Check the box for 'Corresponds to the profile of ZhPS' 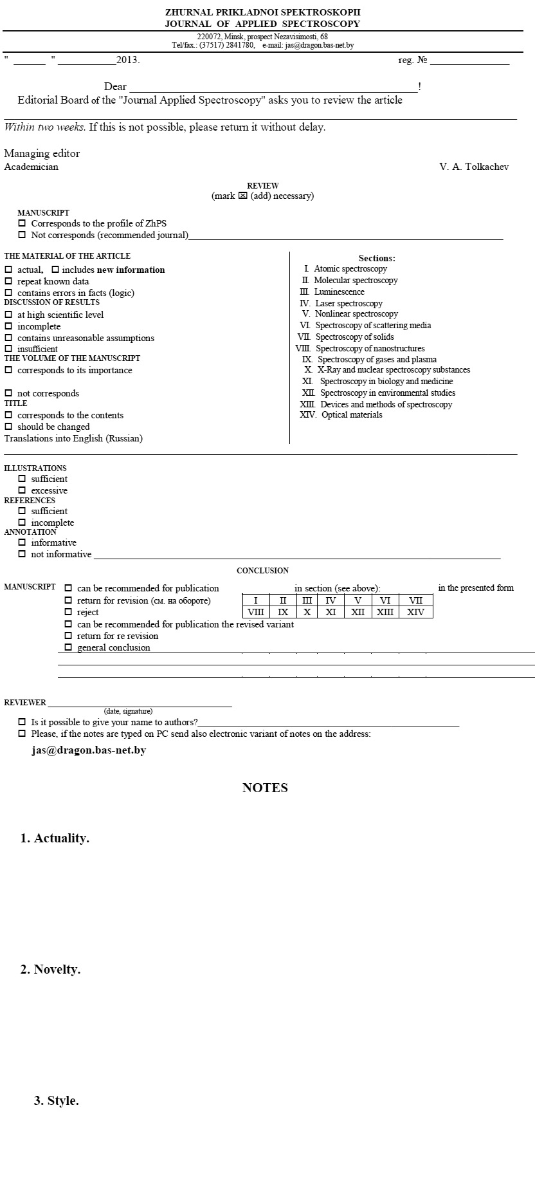tap(22, 223)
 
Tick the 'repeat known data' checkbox tap(8, 281)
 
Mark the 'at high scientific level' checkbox tap(8, 315)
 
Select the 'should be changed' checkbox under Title tap(8, 427)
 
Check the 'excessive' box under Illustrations tap(22, 490)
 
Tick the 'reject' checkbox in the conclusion tap(68, 612)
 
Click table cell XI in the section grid tap(331, 612)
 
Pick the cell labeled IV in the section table tap(331, 600)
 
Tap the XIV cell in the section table tap(415, 612)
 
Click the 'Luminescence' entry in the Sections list tap(339, 292)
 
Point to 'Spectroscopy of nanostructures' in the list tap(370, 348)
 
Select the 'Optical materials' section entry tap(352, 414)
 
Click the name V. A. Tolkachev tap(474, 167)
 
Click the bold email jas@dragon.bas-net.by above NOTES tap(89, 750)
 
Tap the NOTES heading tap(265, 788)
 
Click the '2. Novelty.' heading tap(50, 969)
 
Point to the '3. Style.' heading tap(57, 1100)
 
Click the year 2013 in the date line tap(127, 60)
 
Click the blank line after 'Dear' tap(273, 87)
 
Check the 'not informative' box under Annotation tap(22, 554)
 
